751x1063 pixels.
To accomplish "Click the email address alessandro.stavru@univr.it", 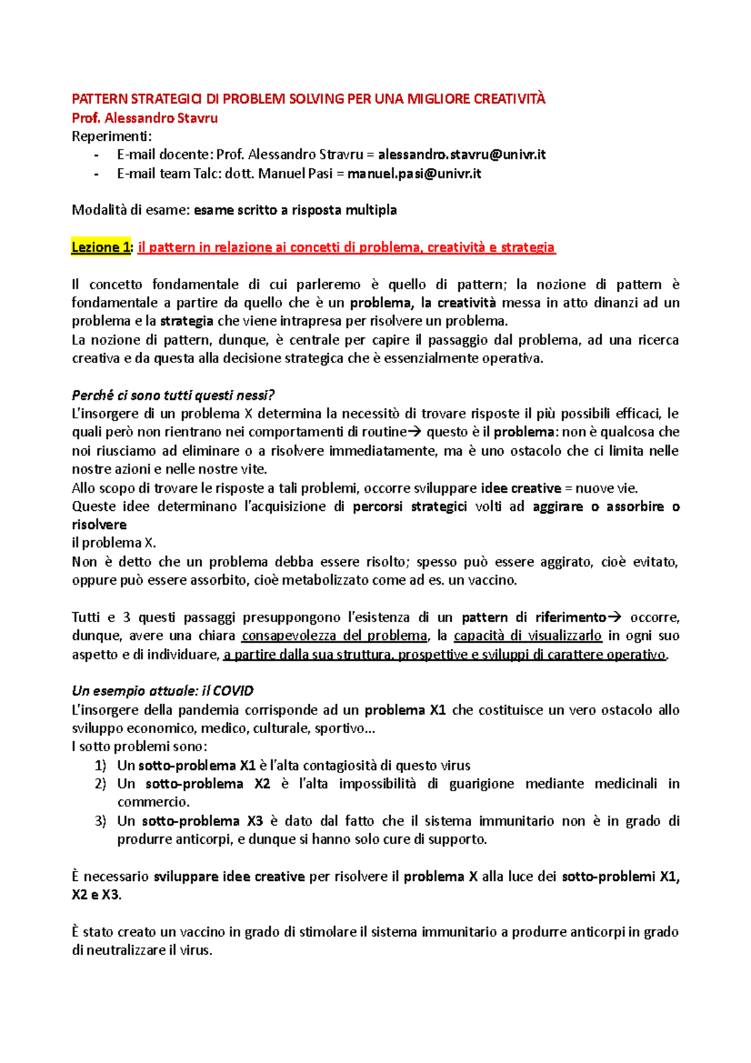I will (x=462, y=155).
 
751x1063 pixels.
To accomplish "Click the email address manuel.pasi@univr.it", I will (x=414, y=173).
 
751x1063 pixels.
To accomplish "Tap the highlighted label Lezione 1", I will (x=100, y=247).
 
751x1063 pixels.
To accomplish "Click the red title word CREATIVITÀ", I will (x=509, y=99).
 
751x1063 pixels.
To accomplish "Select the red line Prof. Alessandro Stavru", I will (x=145, y=118).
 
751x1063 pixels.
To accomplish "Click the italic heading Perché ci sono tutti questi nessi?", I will (x=173, y=395).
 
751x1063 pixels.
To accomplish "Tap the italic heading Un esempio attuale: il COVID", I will (x=163, y=691).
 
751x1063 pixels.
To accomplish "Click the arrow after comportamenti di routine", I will (x=416, y=432).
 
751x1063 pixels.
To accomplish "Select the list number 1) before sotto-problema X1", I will (x=101, y=766).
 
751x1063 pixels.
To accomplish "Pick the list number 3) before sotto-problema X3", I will (x=101, y=821).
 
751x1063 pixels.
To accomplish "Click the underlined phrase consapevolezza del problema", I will (x=334, y=636).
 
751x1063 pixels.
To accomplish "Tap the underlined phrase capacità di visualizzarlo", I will (x=528, y=636).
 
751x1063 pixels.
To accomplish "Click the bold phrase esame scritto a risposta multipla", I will (x=295, y=210).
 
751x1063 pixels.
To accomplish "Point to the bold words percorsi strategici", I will (x=409, y=506).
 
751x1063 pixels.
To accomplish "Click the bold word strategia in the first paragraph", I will (x=186, y=321).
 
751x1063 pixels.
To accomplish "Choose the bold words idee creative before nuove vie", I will (x=521, y=488).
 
